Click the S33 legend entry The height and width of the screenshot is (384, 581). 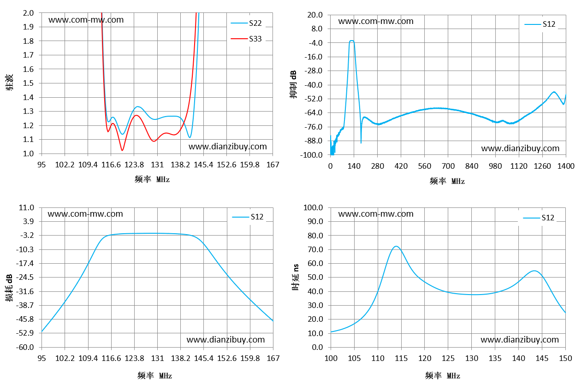pyautogui.click(x=246, y=39)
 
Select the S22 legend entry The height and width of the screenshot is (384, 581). pyautogui.click(x=246, y=24)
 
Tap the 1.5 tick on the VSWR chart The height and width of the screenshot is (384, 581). pyautogui.click(x=28, y=83)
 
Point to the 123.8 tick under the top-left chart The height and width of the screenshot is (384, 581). pyautogui.click(x=134, y=165)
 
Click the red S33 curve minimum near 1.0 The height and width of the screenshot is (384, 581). pyautogui.click(x=122, y=150)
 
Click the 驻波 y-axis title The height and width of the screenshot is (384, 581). pyautogui.click(x=9, y=83)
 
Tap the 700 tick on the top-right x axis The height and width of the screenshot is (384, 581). pyautogui.click(x=448, y=166)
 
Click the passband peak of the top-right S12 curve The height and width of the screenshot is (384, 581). pyautogui.click(x=351, y=41)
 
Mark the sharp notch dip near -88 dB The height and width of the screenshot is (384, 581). pyautogui.click(x=361, y=142)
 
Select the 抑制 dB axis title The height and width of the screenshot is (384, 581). pyautogui.click(x=293, y=84)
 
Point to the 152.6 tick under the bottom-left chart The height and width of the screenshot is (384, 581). pyautogui.click(x=227, y=358)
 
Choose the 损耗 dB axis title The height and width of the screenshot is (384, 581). pyautogui.click(x=9, y=288)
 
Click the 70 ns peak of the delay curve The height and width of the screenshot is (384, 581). pyautogui.click(x=396, y=246)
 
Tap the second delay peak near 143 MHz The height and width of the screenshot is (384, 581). pyautogui.click(x=534, y=271)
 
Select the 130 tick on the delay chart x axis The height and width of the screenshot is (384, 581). pyautogui.click(x=472, y=358)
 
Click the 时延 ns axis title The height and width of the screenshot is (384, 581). pyautogui.click(x=296, y=278)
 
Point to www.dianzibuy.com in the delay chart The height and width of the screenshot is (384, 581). pyautogui.click(x=520, y=340)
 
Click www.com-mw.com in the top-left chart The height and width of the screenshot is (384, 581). pyautogui.click(x=86, y=20)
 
